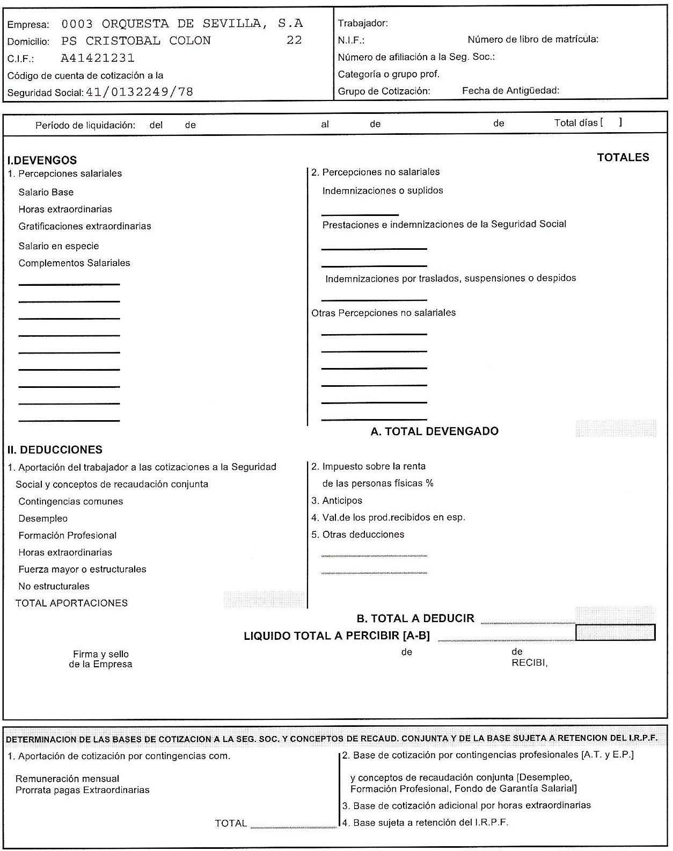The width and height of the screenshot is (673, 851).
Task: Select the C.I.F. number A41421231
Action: coord(98,58)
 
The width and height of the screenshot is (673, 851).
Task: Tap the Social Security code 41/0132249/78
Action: coord(140,92)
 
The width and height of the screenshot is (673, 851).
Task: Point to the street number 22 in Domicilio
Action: coord(294,40)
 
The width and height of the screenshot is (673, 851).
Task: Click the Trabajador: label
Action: coord(363,23)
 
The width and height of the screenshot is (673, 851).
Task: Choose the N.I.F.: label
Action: coord(351,40)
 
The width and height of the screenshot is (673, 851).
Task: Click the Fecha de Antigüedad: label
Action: coord(510,91)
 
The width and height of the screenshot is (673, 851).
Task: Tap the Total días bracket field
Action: coord(611,122)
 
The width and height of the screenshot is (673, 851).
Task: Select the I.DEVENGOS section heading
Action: coord(42,160)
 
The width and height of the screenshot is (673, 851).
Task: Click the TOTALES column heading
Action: coord(623,157)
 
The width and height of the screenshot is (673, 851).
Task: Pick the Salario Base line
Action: coord(46,192)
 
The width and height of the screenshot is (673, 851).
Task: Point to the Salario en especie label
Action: coord(58,246)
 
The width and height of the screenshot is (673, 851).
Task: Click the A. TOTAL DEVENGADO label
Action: coord(434,431)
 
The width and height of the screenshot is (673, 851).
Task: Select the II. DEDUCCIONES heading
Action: coord(55,450)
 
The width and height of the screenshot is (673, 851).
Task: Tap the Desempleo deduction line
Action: coord(43,518)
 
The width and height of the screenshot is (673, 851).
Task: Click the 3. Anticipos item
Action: coord(336,501)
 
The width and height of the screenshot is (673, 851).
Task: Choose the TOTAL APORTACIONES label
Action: coord(71,603)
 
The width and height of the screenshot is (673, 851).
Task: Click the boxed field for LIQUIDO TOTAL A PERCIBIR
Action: coord(615,633)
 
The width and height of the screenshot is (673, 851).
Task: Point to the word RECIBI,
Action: coord(529,663)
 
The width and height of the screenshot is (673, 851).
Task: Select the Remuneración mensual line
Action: coord(67,779)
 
